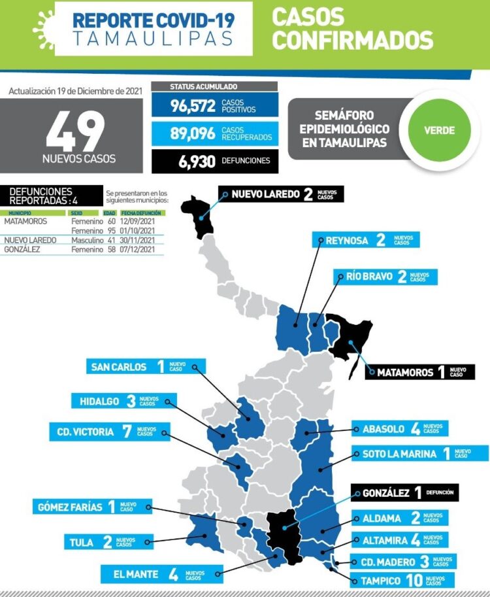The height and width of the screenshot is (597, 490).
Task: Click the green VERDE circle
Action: [439, 129]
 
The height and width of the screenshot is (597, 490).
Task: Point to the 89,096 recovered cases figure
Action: [193, 133]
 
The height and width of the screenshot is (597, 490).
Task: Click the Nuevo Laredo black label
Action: [281, 194]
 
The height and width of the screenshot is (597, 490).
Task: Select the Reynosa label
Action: [366, 240]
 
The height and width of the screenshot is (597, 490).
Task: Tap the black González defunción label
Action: [405, 493]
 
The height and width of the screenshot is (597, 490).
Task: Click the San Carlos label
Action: [145, 367]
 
